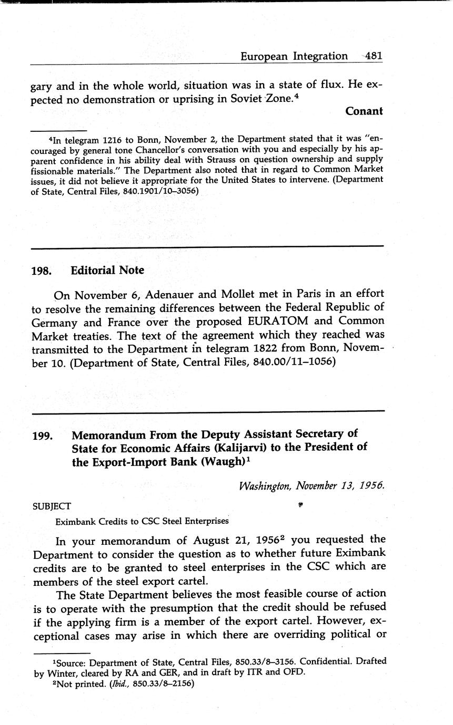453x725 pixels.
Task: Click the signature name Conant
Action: [x=364, y=111]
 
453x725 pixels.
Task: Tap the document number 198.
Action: [x=41, y=271]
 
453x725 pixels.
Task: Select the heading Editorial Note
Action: [x=107, y=271]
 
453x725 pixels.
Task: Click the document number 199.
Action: [x=41, y=436]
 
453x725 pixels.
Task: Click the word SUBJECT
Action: [x=52, y=506]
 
